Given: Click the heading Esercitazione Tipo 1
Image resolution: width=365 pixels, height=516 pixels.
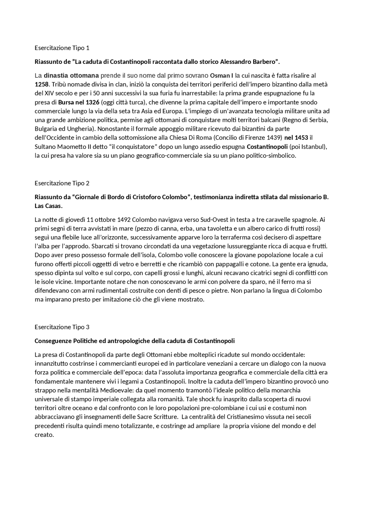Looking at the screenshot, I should click(62, 48).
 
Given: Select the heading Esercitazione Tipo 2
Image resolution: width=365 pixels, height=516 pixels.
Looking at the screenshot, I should click(62, 183).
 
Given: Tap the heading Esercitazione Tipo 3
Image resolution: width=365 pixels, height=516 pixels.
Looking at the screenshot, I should click(62, 327).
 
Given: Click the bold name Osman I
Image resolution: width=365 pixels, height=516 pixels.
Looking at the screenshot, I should click(222, 76).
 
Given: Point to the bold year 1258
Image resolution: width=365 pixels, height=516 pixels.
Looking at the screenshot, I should click(42, 84).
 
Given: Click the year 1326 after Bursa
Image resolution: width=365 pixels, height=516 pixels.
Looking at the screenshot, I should click(93, 102).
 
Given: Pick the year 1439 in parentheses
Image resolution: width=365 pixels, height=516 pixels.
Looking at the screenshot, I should click(274, 138).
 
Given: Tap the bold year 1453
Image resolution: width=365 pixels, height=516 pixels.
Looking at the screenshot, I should click(301, 138).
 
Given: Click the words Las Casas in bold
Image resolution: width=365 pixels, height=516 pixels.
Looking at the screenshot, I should click(48, 206).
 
